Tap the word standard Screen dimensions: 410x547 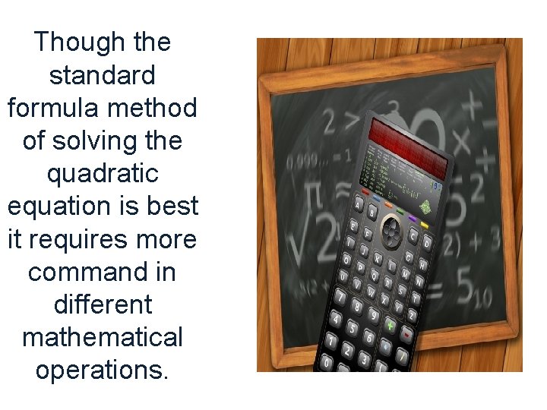pyautogui.click(x=102, y=75)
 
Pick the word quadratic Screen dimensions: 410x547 pyautogui.click(x=102, y=174)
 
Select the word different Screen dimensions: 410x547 pyautogui.click(x=103, y=304)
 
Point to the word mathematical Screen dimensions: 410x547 pyautogui.click(x=102, y=337)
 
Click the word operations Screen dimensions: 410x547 pyautogui.click(x=102, y=370)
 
